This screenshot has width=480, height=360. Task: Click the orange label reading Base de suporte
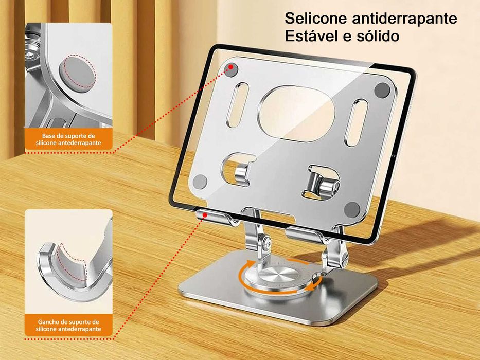click(68, 139)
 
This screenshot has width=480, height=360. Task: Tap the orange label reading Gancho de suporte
click(68, 325)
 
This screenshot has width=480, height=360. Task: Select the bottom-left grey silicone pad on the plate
click(200, 181)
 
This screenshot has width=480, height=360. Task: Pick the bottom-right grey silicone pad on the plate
click(352, 209)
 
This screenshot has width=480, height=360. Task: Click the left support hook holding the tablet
click(215, 218)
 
